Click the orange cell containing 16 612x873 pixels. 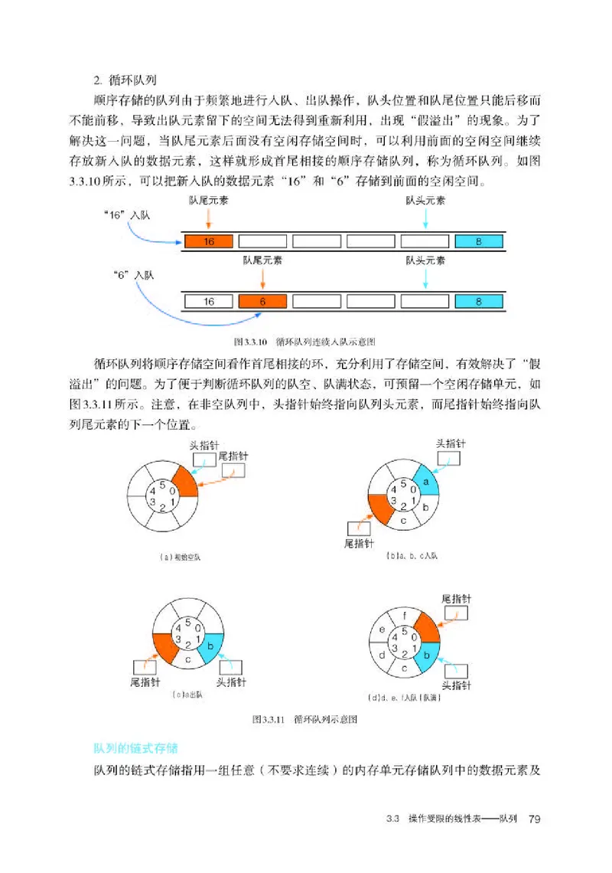(208, 241)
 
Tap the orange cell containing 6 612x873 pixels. (262, 301)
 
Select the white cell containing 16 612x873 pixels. (208, 301)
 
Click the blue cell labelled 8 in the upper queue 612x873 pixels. (479, 241)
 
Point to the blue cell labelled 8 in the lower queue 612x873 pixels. (479, 301)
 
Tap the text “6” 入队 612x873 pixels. (132, 274)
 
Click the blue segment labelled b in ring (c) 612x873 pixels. (210, 646)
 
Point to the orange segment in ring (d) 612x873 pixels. (426, 628)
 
